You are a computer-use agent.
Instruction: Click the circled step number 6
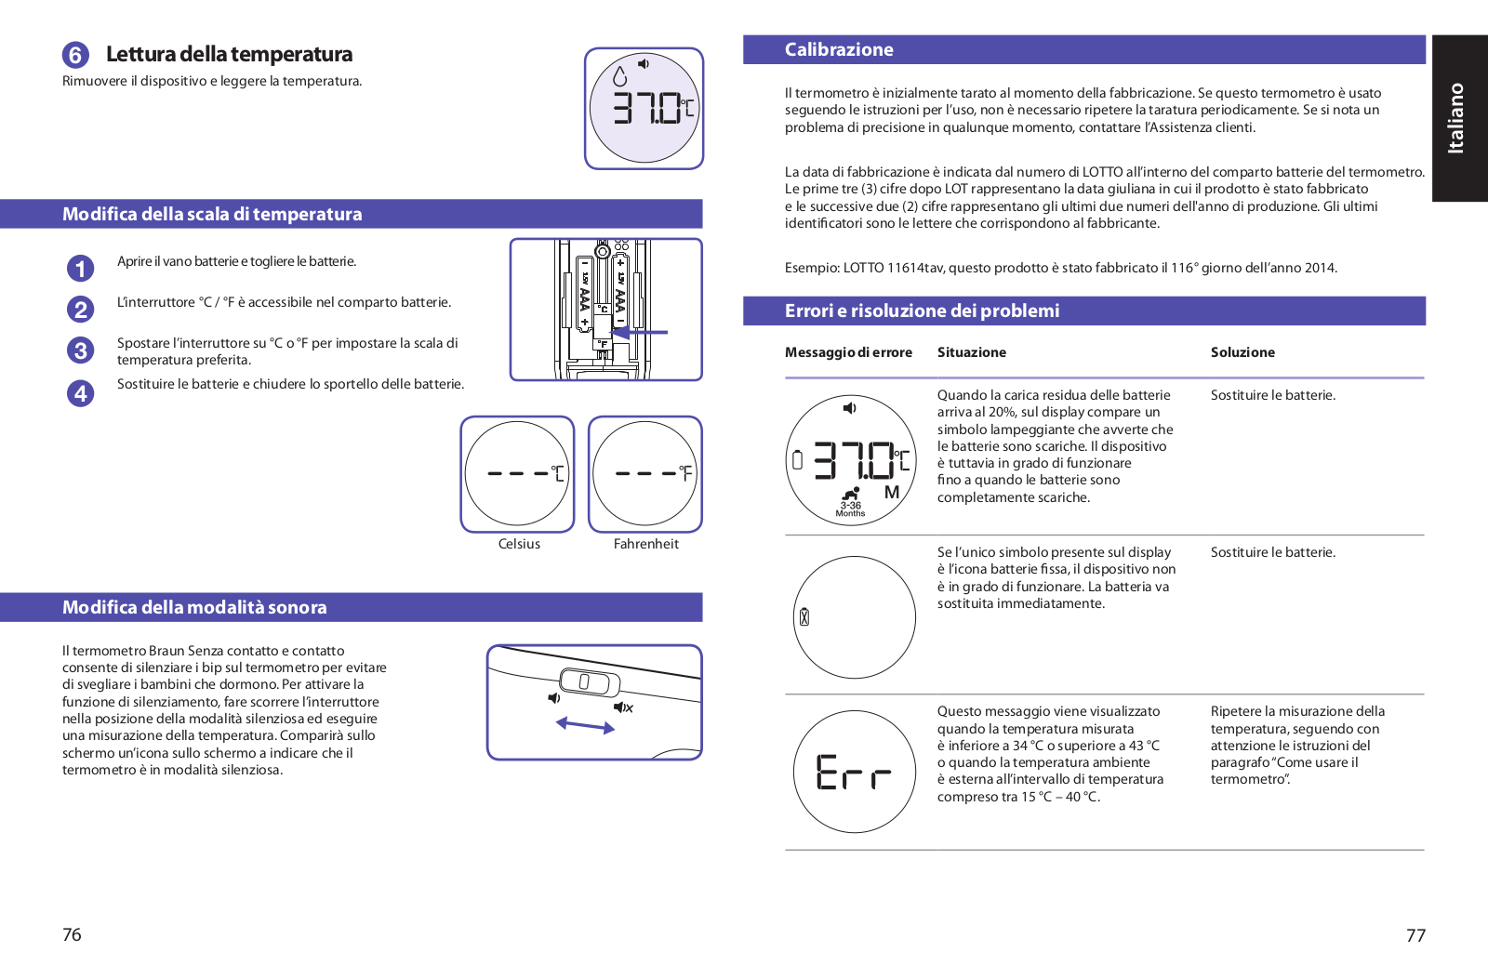click(x=75, y=55)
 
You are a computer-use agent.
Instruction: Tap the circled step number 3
click(x=81, y=350)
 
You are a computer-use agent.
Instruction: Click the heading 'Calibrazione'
click(x=839, y=50)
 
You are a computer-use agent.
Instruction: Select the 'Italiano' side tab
click(x=1456, y=118)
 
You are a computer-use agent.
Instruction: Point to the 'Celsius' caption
click(x=519, y=544)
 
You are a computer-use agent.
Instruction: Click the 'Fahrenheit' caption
click(x=646, y=544)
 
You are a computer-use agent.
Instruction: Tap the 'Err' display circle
click(x=854, y=772)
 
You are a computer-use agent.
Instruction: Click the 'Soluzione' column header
click(x=1242, y=352)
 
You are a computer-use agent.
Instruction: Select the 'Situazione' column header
click(x=971, y=352)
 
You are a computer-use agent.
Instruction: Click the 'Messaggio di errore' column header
click(x=848, y=352)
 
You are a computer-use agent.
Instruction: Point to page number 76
click(x=72, y=934)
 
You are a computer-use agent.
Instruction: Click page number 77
click(x=1415, y=935)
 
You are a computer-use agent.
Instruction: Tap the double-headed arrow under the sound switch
click(x=585, y=725)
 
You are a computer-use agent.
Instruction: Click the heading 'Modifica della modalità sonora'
click(x=194, y=608)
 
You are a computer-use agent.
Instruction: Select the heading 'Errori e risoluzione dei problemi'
click(x=922, y=311)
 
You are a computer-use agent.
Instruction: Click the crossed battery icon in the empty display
click(x=804, y=616)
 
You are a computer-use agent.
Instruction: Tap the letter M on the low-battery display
click(x=892, y=493)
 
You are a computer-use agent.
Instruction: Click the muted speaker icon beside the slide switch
click(x=623, y=707)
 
